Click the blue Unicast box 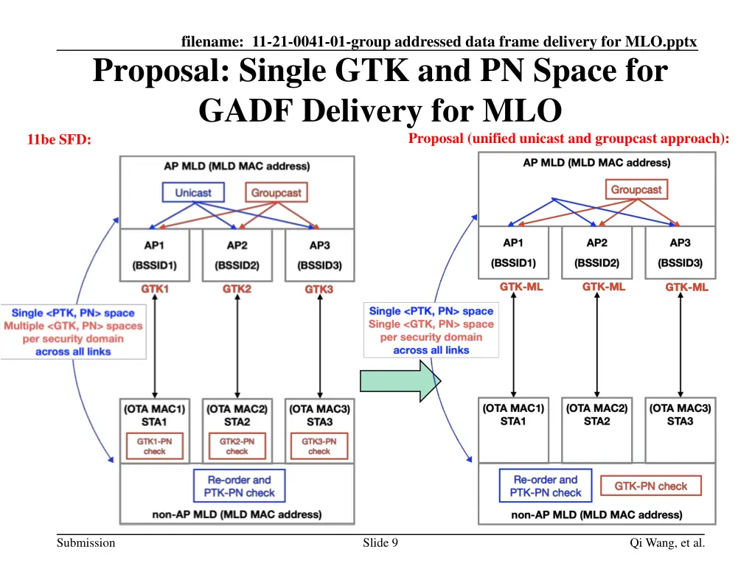pyautogui.click(x=193, y=193)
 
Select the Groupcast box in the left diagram pyautogui.click(x=276, y=193)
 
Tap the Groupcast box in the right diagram pyautogui.click(x=636, y=189)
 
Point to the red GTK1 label pyautogui.click(x=155, y=289)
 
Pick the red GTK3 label pyautogui.click(x=319, y=289)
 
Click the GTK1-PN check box pyautogui.click(x=155, y=446)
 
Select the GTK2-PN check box pyautogui.click(x=237, y=446)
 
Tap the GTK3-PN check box pyautogui.click(x=319, y=446)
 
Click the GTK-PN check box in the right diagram pyautogui.click(x=651, y=486)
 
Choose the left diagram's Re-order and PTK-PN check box pyautogui.click(x=238, y=486)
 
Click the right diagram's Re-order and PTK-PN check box pyautogui.click(x=546, y=486)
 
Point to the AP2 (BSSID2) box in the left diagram pyautogui.click(x=237, y=255)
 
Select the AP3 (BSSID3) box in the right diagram pyautogui.click(x=680, y=252)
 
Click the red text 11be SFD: pyautogui.click(x=59, y=139)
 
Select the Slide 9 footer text pyautogui.click(x=380, y=543)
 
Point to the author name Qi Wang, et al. pyautogui.click(x=667, y=543)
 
